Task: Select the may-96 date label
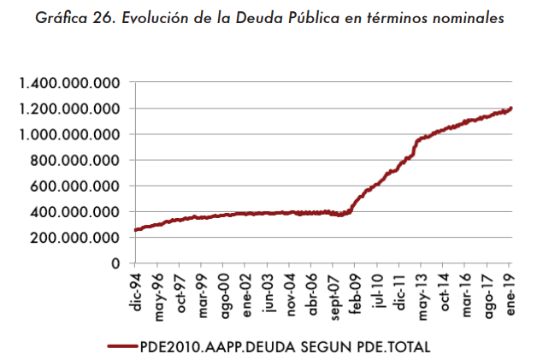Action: (x=159, y=294)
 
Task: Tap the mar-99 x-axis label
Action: (x=204, y=294)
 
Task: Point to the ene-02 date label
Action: (x=248, y=294)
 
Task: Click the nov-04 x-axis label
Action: (x=292, y=294)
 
